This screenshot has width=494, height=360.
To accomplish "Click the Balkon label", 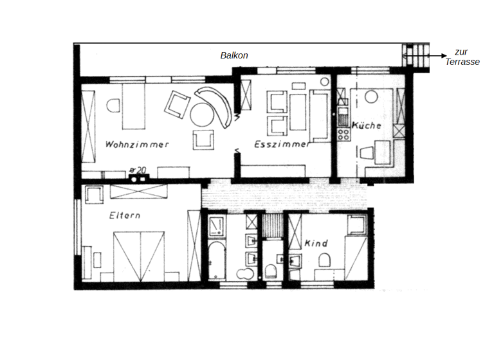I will (x=234, y=56).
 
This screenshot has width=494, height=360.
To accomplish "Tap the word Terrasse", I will (x=462, y=62).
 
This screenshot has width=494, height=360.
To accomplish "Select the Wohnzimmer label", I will (x=137, y=145).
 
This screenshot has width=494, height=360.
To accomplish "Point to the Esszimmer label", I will (x=281, y=145).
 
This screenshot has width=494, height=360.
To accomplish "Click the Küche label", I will (x=367, y=126).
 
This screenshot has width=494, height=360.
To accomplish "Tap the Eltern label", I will (x=124, y=215).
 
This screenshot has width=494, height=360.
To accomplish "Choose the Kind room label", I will (x=316, y=244).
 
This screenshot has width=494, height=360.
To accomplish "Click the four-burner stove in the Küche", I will (x=343, y=134).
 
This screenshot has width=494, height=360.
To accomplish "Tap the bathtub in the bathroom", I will (x=216, y=260).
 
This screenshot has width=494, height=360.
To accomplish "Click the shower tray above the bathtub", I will (x=217, y=226).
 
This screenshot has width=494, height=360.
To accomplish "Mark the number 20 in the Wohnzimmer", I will (x=141, y=170).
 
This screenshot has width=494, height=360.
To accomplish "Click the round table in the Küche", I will (x=371, y=97).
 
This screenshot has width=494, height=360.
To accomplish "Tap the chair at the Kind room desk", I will (x=325, y=260).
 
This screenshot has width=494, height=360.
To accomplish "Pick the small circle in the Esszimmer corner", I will (x=324, y=82).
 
